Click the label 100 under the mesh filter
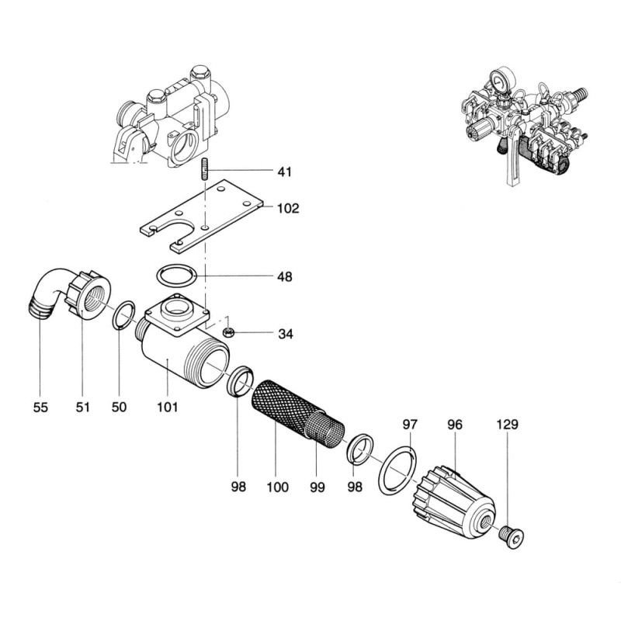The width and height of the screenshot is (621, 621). click(x=277, y=487)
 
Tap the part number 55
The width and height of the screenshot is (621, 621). click(x=40, y=407)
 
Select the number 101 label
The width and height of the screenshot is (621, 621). click(x=168, y=407)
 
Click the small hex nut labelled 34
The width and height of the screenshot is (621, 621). click(x=229, y=333)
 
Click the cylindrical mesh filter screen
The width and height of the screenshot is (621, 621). click(x=299, y=411)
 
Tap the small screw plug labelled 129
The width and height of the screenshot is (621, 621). click(x=512, y=536)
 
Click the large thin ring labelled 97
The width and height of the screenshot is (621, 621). click(x=396, y=469)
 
